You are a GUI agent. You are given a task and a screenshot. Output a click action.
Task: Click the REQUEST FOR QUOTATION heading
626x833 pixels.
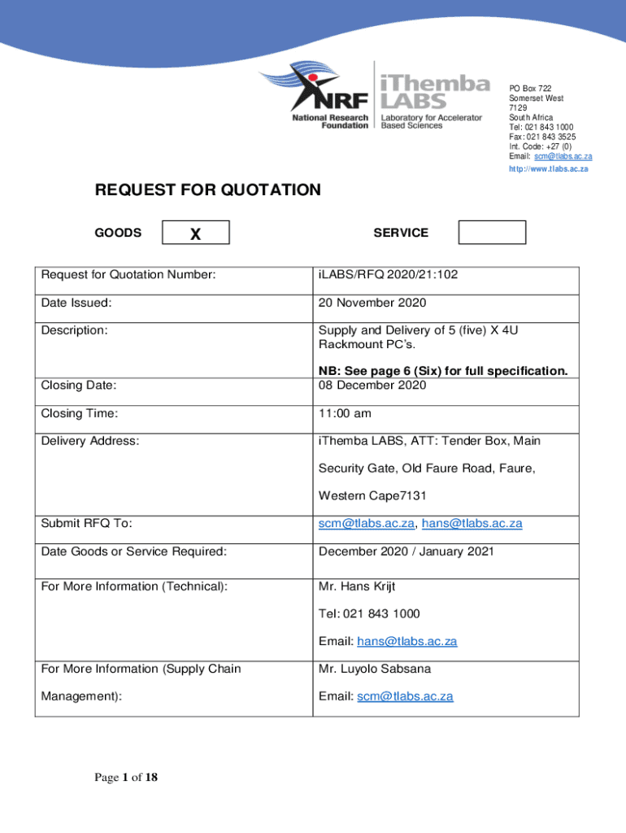click(208, 190)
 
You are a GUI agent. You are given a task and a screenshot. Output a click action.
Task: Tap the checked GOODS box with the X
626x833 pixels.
click(196, 233)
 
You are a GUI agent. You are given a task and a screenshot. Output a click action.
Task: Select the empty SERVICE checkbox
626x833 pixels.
click(492, 233)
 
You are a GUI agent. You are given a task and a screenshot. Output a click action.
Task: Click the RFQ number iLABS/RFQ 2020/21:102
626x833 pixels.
click(388, 275)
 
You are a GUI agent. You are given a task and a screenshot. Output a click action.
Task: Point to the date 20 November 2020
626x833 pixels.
click(372, 303)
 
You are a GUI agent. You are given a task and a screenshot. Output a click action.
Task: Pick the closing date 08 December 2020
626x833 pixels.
click(372, 385)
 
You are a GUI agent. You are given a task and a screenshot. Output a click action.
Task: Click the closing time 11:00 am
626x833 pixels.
click(346, 414)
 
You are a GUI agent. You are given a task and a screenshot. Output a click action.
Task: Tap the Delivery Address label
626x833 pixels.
click(90, 441)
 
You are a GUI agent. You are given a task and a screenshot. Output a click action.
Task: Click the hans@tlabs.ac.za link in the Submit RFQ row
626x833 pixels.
click(472, 524)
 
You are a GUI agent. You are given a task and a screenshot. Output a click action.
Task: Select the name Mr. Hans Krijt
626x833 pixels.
click(357, 587)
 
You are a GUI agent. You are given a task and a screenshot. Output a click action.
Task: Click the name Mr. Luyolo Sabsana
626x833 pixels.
click(375, 669)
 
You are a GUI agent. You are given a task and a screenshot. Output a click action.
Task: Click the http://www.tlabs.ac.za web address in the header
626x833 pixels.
click(548, 169)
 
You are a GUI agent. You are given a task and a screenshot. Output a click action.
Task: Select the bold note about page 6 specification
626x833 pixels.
click(443, 371)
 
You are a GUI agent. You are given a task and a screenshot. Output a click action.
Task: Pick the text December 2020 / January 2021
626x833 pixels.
click(406, 552)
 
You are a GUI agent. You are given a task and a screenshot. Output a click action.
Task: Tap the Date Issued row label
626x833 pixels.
click(76, 303)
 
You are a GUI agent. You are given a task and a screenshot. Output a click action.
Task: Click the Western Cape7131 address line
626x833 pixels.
click(372, 495)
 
